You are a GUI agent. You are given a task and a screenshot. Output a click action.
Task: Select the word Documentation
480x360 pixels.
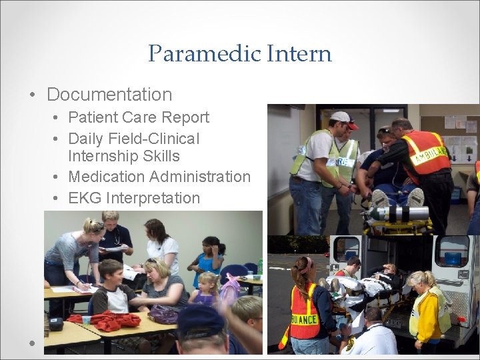click(x=109, y=95)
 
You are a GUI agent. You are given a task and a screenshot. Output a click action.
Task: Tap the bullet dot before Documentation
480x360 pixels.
click(x=33, y=95)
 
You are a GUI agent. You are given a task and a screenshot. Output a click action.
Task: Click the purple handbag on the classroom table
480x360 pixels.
click(x=164, y=313)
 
